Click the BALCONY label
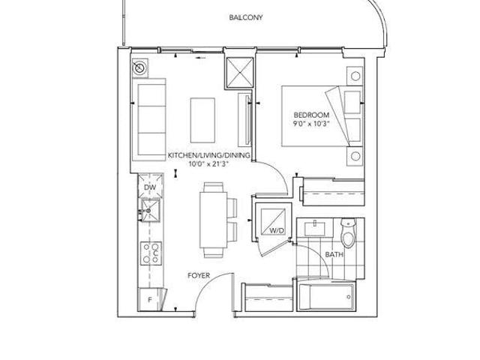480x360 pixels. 246,17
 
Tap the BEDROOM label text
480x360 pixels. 311,115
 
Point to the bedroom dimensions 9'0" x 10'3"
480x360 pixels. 311,124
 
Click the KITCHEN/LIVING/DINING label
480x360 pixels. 208,155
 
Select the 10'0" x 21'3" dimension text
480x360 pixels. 208,164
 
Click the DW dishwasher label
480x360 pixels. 150,187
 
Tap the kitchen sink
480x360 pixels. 150,210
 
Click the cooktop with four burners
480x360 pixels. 151,253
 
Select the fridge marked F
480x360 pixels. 150,300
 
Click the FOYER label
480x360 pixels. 199,275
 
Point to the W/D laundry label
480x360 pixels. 277,231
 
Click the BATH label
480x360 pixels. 334,254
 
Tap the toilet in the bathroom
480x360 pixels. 348,232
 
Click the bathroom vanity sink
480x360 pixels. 315,229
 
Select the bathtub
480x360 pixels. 326,297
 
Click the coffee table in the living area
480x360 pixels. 202,120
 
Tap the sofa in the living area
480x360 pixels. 149,119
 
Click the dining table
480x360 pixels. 213,220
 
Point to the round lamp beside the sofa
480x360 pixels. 139,67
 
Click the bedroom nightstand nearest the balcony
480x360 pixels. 355,76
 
